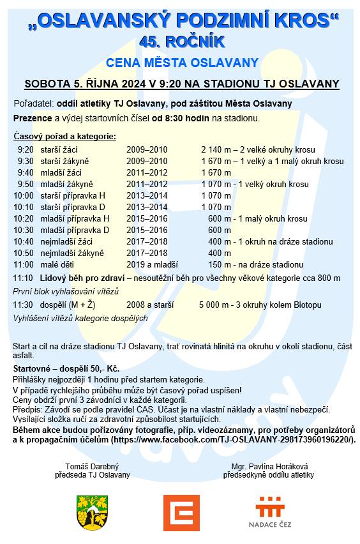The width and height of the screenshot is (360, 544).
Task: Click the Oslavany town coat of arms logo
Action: click(93, 512)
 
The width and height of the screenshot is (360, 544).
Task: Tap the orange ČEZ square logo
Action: click(181, 513)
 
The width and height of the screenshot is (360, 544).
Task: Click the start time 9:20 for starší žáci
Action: click(26, 150)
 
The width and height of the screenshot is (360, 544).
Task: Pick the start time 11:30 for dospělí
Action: click(23, 305)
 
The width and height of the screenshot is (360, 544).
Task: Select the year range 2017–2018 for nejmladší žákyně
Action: click(146, 253)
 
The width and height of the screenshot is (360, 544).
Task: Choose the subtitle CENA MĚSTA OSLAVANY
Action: click(182, 63)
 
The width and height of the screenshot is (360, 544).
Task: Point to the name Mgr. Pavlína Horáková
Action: click(268, 466)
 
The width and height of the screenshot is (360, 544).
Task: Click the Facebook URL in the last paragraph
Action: click(233, 441)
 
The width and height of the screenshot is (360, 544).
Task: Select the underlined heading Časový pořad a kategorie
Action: click(64, 137)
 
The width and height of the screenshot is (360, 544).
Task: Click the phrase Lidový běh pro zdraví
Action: click(82, 278)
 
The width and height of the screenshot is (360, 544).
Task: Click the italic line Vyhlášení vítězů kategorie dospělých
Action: click(80, 318)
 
